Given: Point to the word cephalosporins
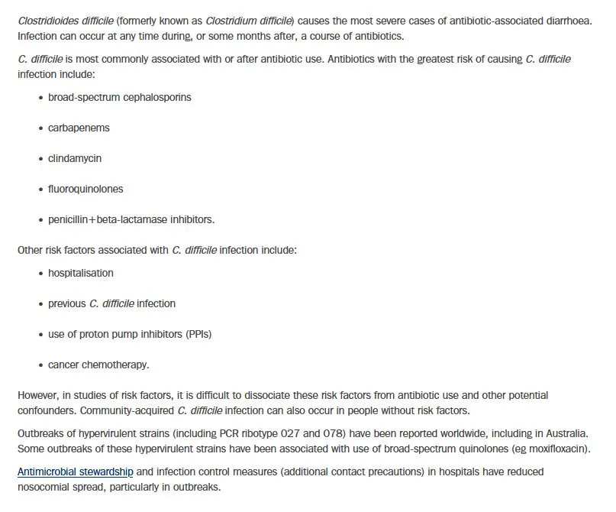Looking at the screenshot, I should coord(156,98).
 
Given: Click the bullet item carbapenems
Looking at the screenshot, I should coord(79,128).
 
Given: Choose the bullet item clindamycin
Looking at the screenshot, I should coord(75,158).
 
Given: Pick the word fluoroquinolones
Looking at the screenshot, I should coord(85,189).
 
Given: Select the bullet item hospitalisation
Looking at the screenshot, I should coord(81,273).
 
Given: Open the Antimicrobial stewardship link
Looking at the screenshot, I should coord(76,472).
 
